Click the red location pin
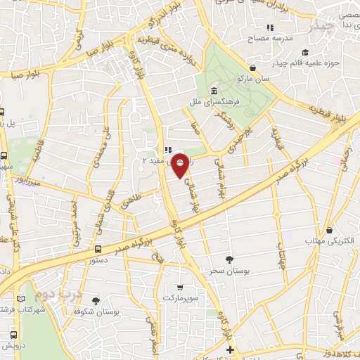coord(180,166)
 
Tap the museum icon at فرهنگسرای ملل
coord(213,91)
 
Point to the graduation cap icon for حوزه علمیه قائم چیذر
coord(304,53)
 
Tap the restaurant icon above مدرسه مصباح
coord(270,27)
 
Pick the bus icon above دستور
coord(98,249)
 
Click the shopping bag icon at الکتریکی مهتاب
coord(330,230)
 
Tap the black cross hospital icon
coord(229,349)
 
